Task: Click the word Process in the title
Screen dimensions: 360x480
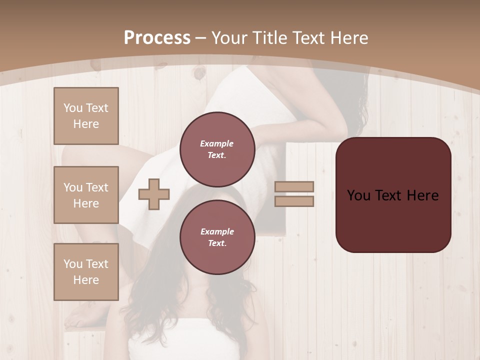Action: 157,38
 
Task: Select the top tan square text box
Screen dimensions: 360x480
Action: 86,116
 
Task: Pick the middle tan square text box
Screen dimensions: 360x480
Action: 86,195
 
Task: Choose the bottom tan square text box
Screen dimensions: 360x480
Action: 86,272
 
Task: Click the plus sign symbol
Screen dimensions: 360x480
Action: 154,194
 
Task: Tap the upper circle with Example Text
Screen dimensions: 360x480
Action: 217,149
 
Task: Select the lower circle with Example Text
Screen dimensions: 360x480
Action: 217,237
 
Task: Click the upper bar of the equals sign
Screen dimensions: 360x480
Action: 294,187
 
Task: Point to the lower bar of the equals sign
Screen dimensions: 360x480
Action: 294,201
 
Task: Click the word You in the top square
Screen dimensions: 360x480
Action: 73,108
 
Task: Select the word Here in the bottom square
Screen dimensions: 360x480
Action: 86,280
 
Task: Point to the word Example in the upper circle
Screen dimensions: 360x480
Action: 216,143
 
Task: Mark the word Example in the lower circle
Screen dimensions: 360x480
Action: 217,231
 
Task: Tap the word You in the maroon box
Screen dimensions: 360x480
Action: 358,195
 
